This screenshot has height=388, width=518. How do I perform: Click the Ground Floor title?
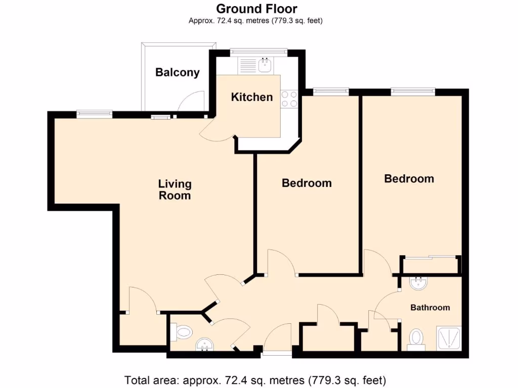256,9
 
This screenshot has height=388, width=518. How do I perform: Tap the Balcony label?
177,72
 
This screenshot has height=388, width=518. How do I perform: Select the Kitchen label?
251,97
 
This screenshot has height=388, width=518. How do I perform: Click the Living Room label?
175,189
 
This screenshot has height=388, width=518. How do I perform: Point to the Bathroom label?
429,307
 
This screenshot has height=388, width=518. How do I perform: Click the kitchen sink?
265,65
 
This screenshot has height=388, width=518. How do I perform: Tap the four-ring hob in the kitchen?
289,99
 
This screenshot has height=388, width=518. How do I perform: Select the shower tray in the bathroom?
449,337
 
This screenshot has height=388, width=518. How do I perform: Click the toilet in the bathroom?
416,337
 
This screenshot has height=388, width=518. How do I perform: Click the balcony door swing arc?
191,101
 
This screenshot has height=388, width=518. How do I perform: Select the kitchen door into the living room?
217,131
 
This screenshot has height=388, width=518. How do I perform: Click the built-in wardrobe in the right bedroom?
431,265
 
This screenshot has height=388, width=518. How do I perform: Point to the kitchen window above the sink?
258,52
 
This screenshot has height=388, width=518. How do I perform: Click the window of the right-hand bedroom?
412,91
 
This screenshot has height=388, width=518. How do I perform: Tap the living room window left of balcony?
95,115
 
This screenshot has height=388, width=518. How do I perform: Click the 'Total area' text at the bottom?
255,379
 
